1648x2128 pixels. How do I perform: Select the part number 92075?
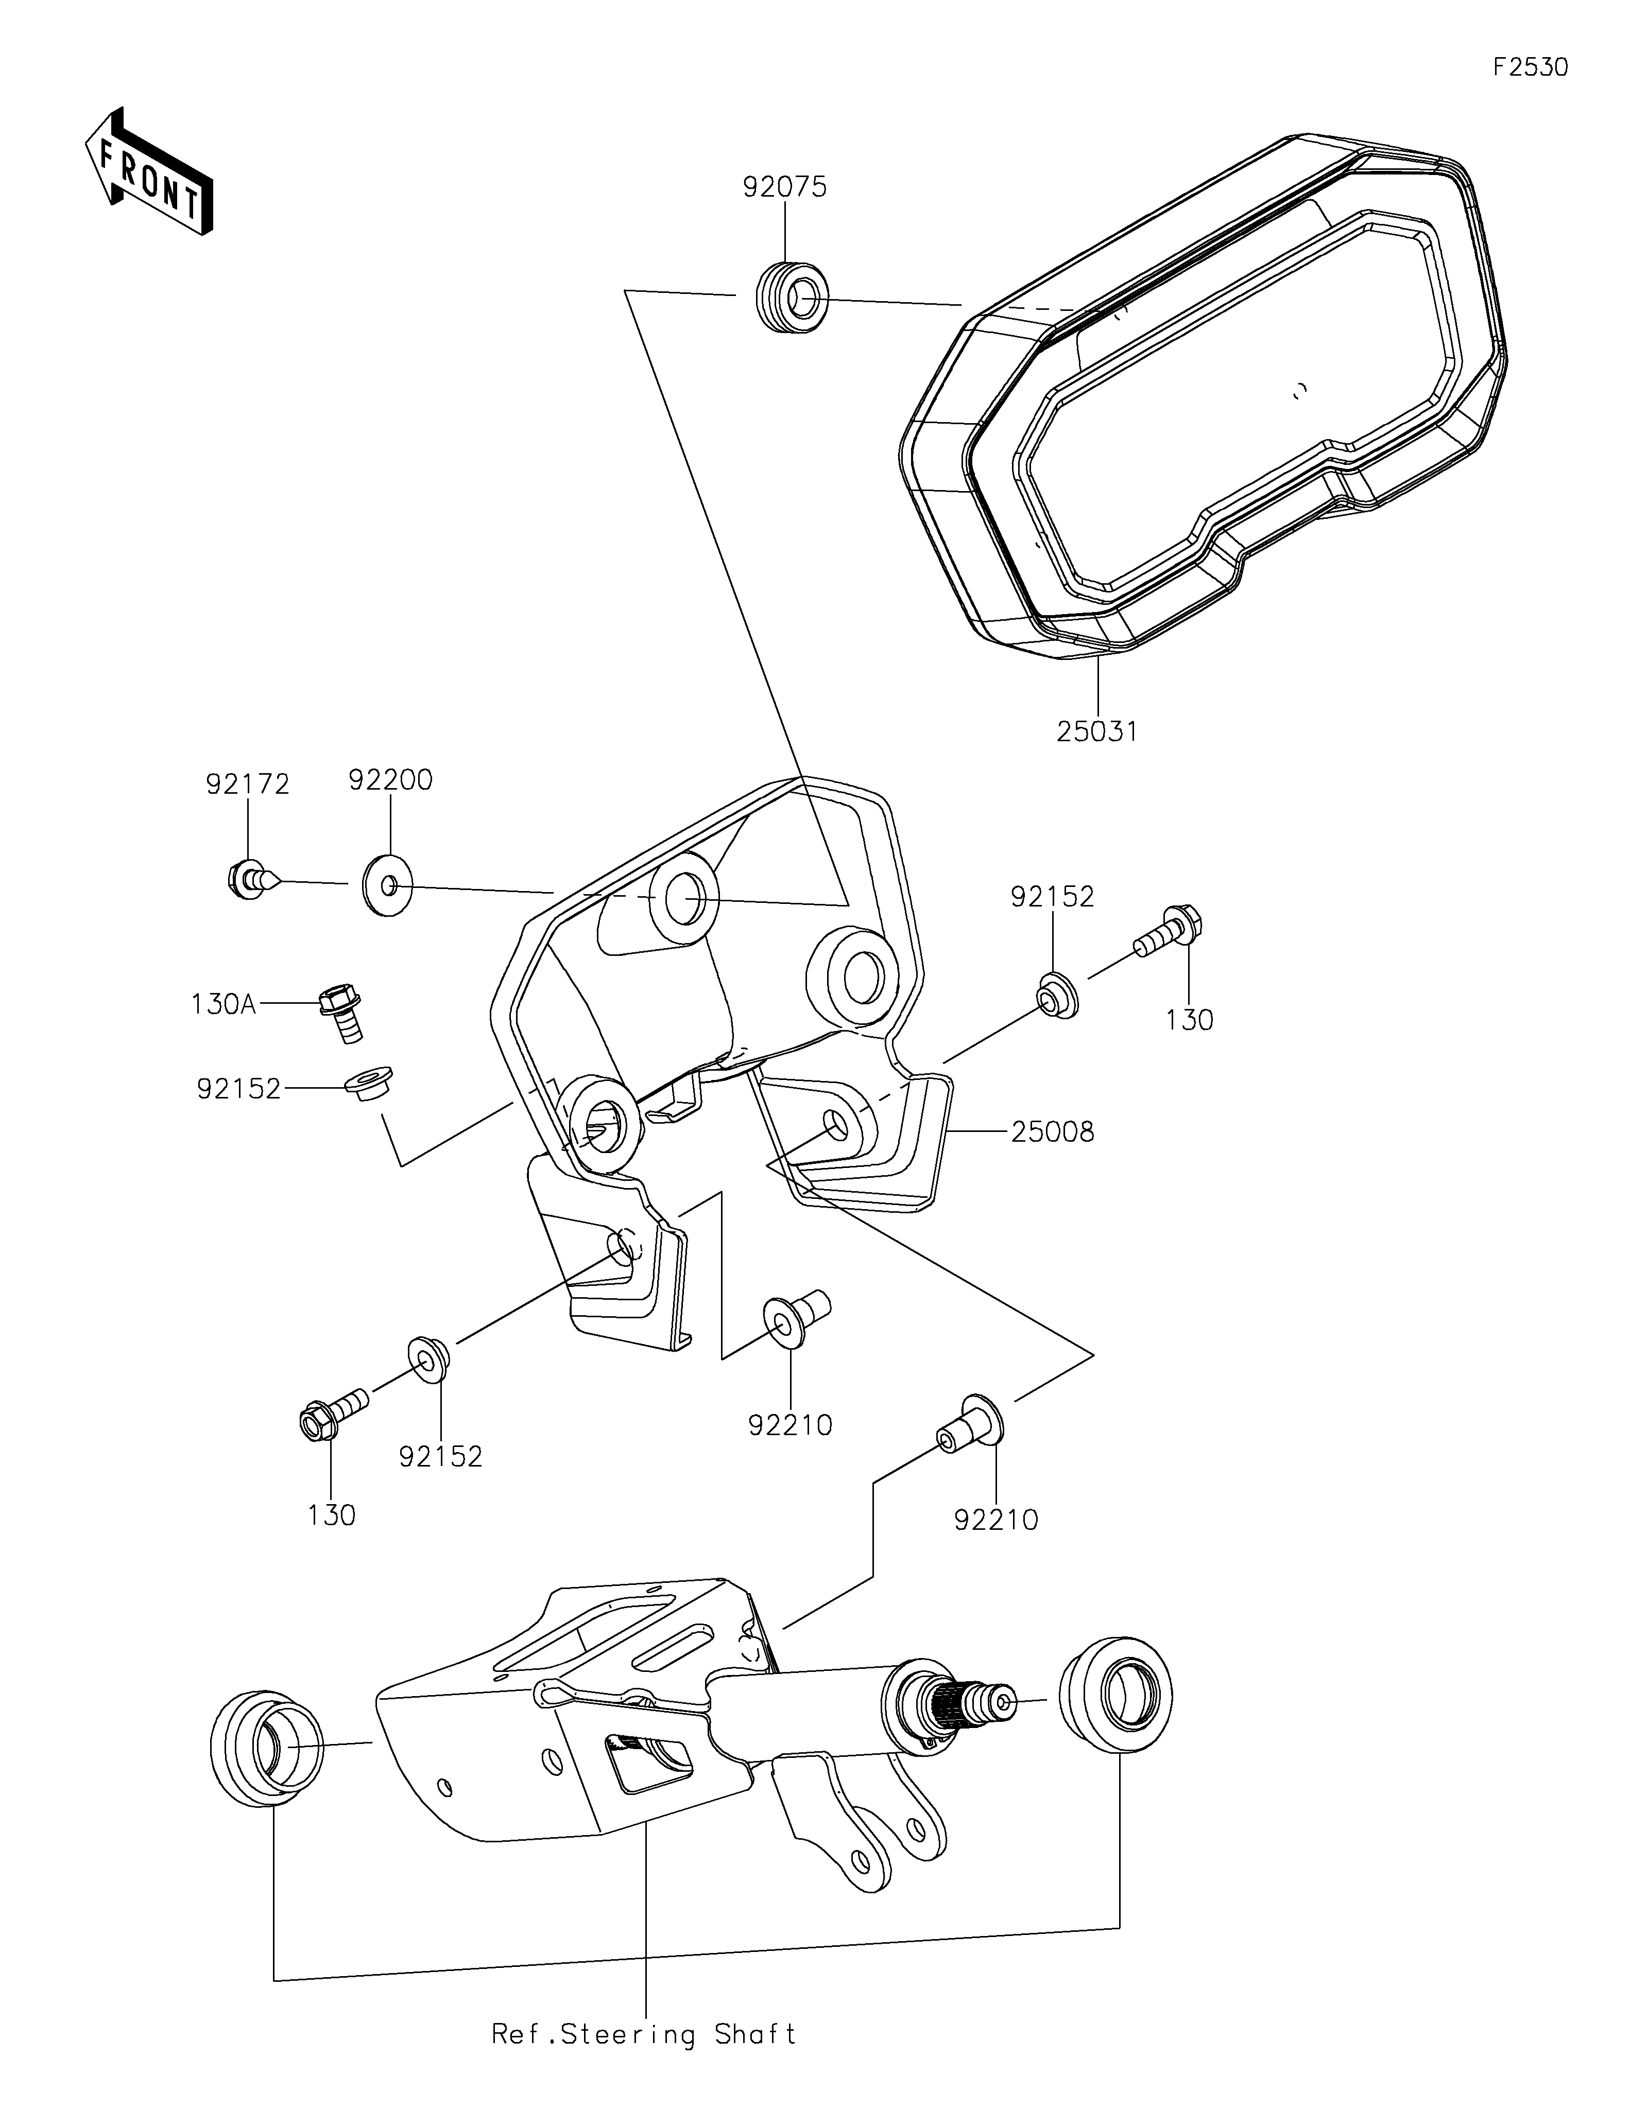[x=784, y=187]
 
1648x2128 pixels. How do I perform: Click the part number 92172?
[x=248, y=784]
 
